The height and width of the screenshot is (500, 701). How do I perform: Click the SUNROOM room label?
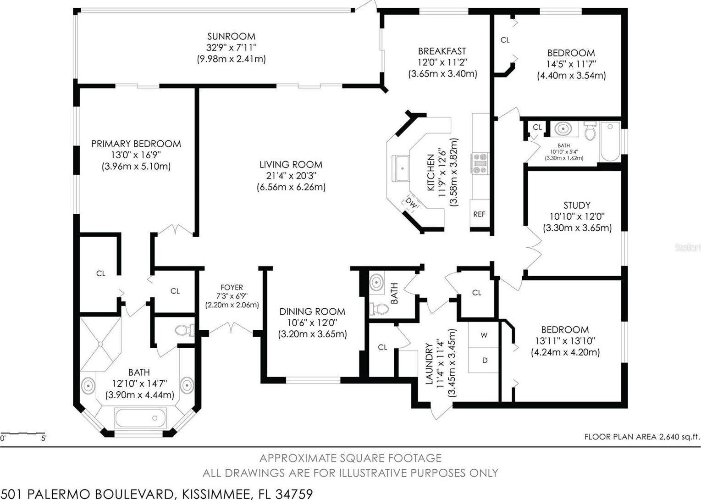[x=231, y=36]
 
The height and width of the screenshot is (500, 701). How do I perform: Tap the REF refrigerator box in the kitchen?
[x=480, y=214]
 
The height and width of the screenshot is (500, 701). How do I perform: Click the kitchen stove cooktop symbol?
[x=480, y=163]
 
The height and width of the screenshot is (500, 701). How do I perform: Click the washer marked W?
[x=484, y=335]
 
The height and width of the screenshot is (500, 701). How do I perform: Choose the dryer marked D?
[x=484, y=360]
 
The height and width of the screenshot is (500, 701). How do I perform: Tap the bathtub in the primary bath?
[x=140, y=418]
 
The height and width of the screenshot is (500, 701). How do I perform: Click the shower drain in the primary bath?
[x=100, y=344]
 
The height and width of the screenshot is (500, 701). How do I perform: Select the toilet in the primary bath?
[x=185, y=330]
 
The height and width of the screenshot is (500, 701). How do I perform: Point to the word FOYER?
[x=232, y=287]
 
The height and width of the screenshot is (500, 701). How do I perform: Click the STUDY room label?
[x=577, y=205]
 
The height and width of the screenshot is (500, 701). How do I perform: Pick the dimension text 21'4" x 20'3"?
[x=291, y=176]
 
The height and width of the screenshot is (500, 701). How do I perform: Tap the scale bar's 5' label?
[x=44, y=438]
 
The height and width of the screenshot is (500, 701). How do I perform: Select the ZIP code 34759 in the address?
[x=294, y=494]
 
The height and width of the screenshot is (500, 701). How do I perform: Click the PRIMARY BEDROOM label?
[x=136, y=144]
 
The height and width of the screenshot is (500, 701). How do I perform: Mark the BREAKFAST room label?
[x=442, y=51]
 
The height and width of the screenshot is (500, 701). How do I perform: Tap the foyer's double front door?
[x=231, y=328]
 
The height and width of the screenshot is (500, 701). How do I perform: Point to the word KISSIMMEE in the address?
[x=216, y=494]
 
